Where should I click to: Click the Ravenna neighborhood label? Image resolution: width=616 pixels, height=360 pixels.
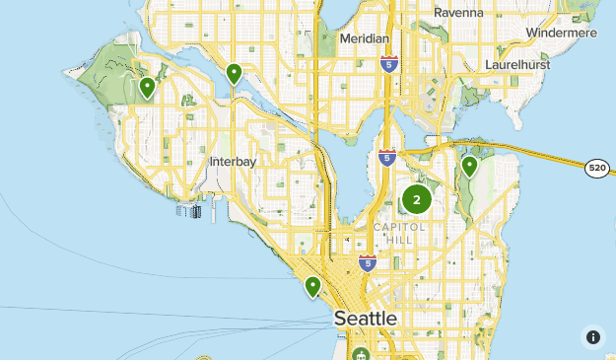click(x=458, y=13)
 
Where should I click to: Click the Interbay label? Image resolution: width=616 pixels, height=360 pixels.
click(x=234, y=161)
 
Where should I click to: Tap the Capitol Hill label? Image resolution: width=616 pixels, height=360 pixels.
click(x=400, y=233)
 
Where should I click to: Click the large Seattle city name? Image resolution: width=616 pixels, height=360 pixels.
click(x=366, y=319)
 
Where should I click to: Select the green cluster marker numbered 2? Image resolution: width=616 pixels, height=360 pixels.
click(x=416, y=199)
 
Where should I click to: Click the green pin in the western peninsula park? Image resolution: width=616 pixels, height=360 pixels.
click(x=147, y=88)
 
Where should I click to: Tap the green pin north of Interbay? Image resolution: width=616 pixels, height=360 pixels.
click(x=234, y=73)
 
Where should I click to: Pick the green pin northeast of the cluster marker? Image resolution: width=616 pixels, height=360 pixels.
click(x=470, y=166)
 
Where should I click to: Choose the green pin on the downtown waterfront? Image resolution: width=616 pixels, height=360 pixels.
click(x=312, y=286)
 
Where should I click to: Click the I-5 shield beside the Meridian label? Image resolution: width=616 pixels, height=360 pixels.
click(x=389, y=64)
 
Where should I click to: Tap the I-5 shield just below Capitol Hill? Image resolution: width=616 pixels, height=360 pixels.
click(x=367, y=263)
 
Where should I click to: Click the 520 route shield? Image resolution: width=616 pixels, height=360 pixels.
click(x=596, y=169)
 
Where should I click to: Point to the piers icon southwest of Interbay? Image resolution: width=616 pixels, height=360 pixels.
click(x=190, y=210)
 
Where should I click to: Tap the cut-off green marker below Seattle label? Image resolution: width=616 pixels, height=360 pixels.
click(x=361, y=354)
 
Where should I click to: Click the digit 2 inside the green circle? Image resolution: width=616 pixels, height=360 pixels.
click(x=416, y=199)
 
